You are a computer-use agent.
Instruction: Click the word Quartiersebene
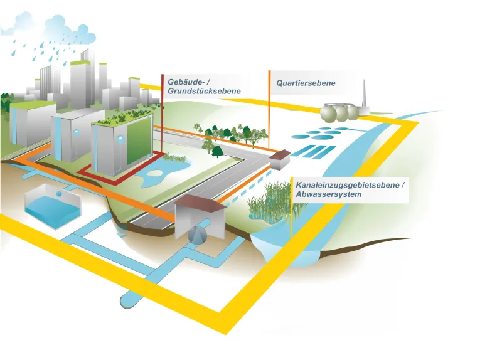[x=306, y=83]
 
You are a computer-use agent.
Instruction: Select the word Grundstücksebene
[x=204, y=92]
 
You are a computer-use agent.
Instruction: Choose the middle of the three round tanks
[x=341, y=113]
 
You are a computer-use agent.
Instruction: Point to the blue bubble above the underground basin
[x=57, y=195]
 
